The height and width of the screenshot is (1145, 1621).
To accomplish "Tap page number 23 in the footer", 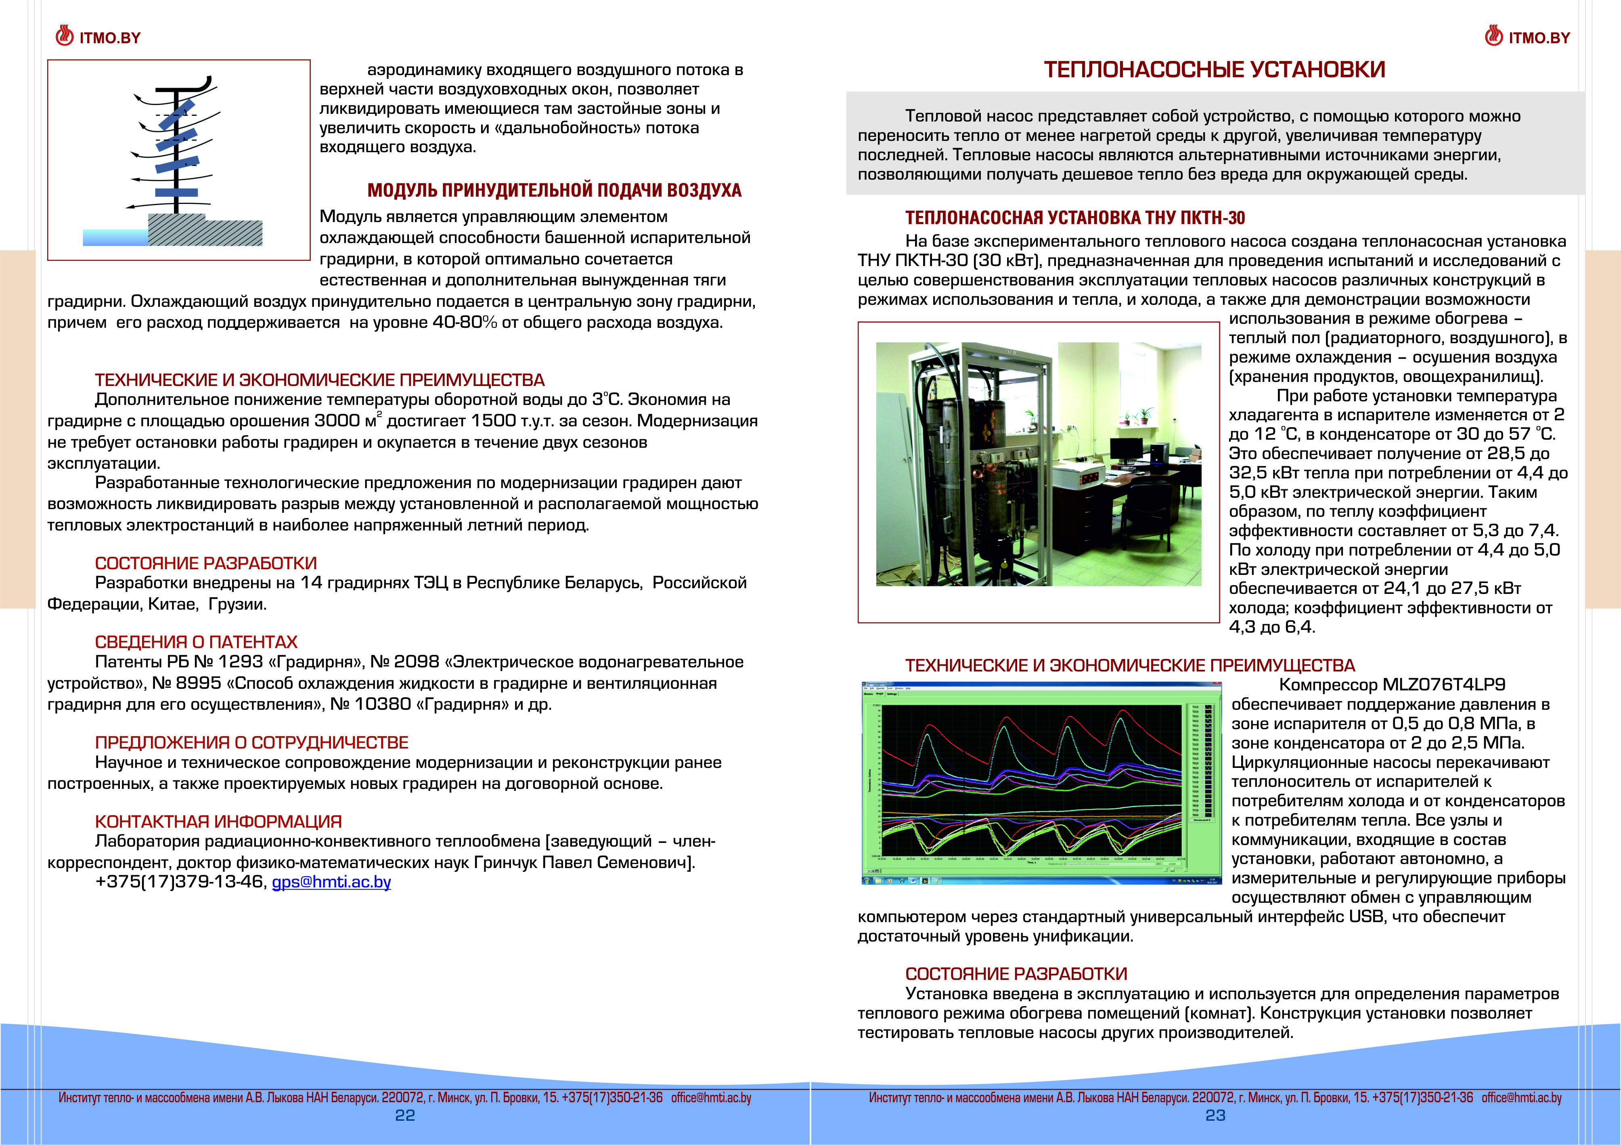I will click(1215, 1116).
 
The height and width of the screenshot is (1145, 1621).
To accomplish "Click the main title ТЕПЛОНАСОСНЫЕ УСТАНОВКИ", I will click(1215, 69).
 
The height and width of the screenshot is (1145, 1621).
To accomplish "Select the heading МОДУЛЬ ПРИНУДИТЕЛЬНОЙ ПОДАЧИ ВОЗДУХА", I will click(554, 191).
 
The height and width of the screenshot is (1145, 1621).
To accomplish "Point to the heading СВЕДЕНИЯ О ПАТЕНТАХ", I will click(196, 642).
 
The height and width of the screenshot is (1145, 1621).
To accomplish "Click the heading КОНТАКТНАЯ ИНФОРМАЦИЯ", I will click(218, 822).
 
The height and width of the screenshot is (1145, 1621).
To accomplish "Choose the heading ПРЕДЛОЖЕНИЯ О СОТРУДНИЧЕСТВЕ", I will click(251, 742).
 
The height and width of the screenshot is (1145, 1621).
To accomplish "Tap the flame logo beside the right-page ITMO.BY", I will click(1494, 36).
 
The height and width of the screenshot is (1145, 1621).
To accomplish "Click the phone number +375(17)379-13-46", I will click(179, 882).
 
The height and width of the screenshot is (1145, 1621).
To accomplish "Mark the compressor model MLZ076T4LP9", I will click(1444, 684).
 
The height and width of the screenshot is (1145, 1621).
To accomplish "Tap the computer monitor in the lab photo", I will click(1127, 447).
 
